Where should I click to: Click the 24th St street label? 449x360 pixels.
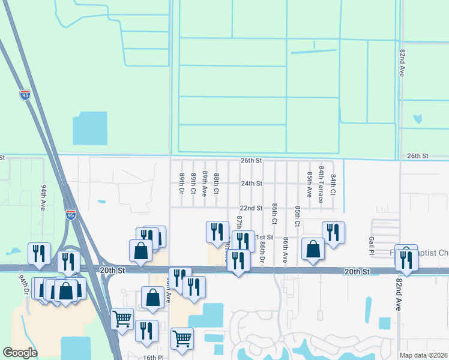(x=252, y=184)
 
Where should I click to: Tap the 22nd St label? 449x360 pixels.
(x=252, y=208)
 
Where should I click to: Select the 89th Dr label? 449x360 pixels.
(x=181, y=184)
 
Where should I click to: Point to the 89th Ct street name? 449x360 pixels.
(x=193, y=184)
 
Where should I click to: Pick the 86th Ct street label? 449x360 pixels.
(x=274, y=213)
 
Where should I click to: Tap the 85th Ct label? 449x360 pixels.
(x=298, y=215)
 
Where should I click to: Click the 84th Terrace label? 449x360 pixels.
(x=321, y=185)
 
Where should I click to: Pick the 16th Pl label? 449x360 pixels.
(x=149, y=356)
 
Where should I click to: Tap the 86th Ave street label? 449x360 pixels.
(x=286, y=250)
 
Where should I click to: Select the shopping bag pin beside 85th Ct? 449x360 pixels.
(x=313, y=250)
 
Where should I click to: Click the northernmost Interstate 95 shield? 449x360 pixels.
(x=25, y=95)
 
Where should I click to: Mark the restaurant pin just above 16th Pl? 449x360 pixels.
(x=146, y=331)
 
